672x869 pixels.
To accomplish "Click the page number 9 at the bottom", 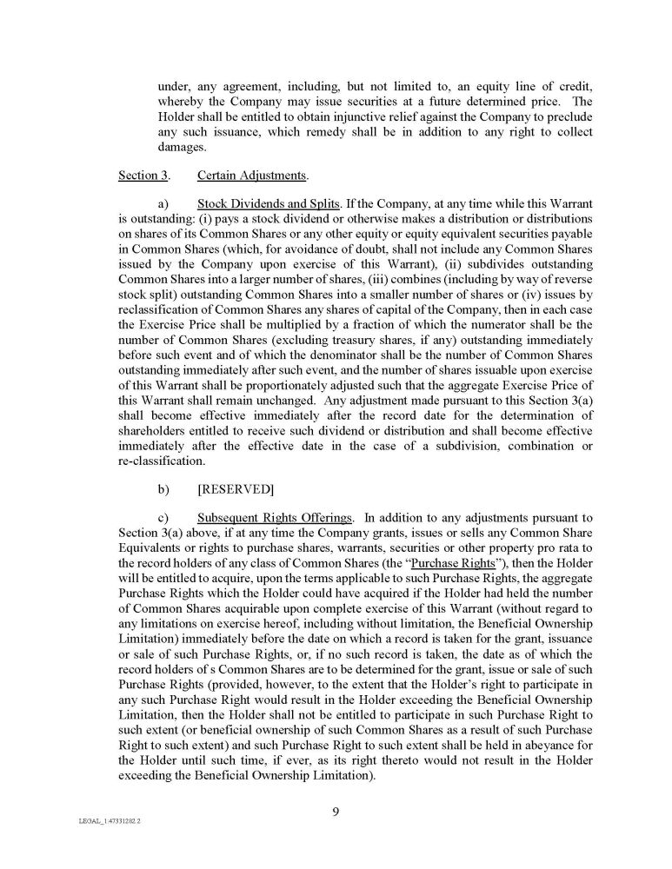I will pyautogui.click(x=336, y=813).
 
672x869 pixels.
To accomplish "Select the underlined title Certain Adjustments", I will pyautogui.click(x=253, y=176).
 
